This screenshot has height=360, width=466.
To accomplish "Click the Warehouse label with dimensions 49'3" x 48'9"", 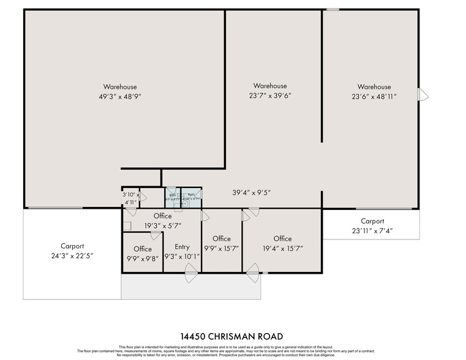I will tap(120, 87).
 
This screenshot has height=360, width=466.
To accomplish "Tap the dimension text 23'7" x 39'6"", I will tap(270, 96).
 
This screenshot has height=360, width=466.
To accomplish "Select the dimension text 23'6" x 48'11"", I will tap(374, 97).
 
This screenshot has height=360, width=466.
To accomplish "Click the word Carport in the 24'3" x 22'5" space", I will tap(72, 246).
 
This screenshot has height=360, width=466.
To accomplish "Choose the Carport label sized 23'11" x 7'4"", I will tap(372, 221).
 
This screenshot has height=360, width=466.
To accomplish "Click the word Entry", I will tap(182, 247).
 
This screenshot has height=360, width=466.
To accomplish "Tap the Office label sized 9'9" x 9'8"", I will tap(143, 249).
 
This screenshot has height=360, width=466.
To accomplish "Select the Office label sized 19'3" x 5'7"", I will tap(162, 216).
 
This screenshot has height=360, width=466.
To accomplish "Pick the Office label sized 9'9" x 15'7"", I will tap(221, 238).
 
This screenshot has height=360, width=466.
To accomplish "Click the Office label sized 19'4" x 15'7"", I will tap(282, 238).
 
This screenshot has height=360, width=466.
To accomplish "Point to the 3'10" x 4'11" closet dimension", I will tap(131, 198).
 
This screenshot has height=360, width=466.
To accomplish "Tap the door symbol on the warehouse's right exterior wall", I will tap(423, 95).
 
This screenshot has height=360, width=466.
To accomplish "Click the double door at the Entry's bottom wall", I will tap(191, 276).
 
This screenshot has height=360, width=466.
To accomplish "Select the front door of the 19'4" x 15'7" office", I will tap(252, 276).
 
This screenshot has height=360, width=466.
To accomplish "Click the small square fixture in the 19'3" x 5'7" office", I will tap(126, 226).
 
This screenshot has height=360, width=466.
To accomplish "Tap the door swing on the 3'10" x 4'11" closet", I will tap(142, 197).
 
